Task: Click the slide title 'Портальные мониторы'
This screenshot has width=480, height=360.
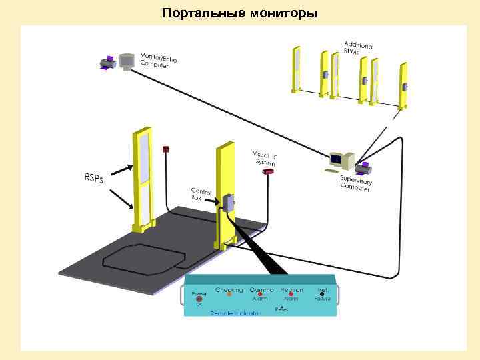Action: pyautogui.click(x=240, y=13)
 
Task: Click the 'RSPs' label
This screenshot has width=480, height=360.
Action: pyautogui.click(x=93, y=179)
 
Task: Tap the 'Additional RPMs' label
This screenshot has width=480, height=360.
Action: pyautogui.click(x=358, y=45)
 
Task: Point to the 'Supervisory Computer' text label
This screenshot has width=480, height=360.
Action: pyautogui.click(x=356, y=183)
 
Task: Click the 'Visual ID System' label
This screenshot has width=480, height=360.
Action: pyautogui.click(x=265, y=159)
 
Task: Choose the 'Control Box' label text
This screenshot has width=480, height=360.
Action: pyautogui.click(x=201, y=193)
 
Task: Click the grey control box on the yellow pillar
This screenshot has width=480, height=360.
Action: pyautogui.click(x=228, y=202)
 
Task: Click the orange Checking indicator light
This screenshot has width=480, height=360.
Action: pyautogui.click(x=229, y=294)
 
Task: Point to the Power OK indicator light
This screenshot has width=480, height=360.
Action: pyautogui.click(x=199, y=299)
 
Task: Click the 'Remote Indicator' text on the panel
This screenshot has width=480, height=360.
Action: pyautogui.click(x=235, y=312)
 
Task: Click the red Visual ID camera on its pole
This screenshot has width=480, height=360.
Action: pyautogui.click(x=267, y=172)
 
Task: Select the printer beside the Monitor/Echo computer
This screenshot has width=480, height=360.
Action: pyautogui.click(x=109, y=64)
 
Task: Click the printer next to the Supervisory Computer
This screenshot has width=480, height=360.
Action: pyautogui.click(x=363, y=167)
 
